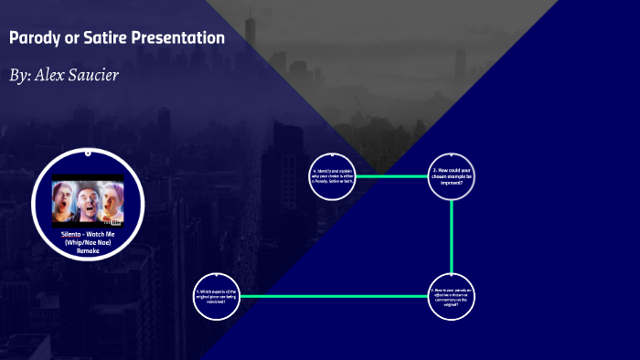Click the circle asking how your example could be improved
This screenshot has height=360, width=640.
452,176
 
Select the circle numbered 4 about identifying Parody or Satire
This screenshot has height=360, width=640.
333,176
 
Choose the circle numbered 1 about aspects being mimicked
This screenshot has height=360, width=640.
217,296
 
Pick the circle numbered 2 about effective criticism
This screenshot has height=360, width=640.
452,296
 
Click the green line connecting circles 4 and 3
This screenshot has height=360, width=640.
392,176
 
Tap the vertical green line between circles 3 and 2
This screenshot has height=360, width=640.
452,236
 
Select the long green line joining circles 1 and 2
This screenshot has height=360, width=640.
334,296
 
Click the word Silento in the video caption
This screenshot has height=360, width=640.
71,234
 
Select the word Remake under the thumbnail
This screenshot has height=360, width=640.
88,249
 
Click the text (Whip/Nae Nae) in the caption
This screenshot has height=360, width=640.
88,242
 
